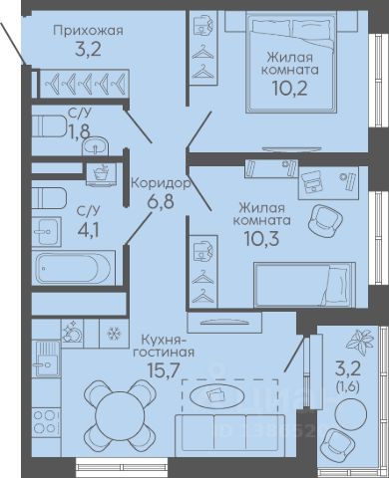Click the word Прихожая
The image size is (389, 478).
[88, 31]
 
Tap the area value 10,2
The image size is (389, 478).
[289, 89]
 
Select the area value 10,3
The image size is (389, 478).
[261, 238]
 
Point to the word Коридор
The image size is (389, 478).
[161, 183]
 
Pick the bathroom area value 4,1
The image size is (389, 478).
[88, 230]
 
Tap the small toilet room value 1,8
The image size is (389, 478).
[80, 131]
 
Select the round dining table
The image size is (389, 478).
[119, 415]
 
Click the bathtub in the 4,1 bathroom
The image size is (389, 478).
[73, 268]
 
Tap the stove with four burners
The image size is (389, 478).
[46, 421]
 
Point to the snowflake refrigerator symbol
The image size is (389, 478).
[114, 333]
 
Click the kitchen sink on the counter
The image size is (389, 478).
[47, 359]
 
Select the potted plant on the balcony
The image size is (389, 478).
[359, 342]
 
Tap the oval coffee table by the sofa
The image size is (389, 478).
[217, 395]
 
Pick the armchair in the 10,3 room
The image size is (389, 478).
[325, 219]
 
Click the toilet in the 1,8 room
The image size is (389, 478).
[49, 125]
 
